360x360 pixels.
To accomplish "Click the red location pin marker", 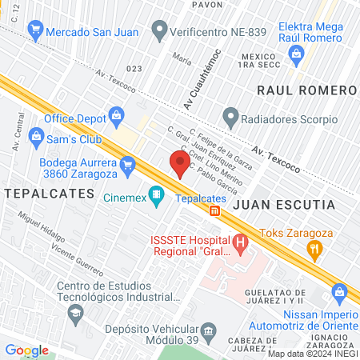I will [181, 164].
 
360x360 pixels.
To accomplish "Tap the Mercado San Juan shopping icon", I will [34, 32].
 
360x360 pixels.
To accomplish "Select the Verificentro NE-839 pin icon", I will [160, 32].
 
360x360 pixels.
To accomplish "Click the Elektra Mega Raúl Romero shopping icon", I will [296, 54].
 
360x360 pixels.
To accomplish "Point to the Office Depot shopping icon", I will [118, 116].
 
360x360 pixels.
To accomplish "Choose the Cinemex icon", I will [157, 195].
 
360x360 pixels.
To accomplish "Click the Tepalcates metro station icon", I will [214, 211].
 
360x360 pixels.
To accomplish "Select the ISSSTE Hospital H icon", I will [239, 242].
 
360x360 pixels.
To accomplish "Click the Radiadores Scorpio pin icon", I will [230, 120].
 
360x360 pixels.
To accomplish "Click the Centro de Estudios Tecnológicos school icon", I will [74, 312].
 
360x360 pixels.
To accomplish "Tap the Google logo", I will [26, 350].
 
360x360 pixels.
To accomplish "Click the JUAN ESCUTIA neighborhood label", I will [283, 205].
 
